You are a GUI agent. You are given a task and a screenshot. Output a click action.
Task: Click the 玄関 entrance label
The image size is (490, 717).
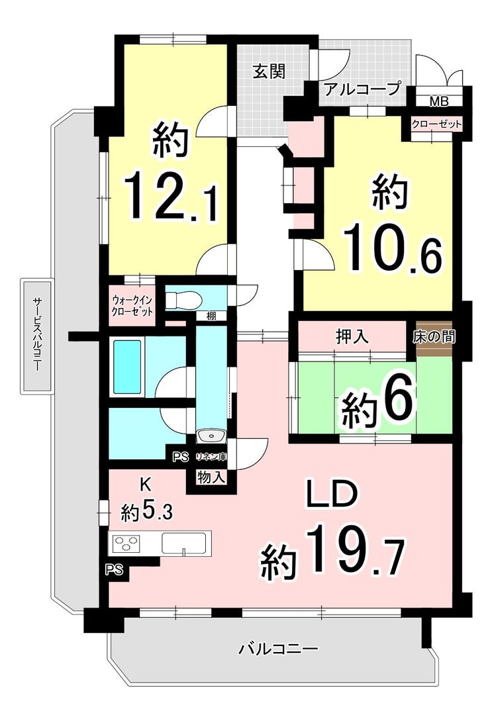pyautogui.click(x=269, y=72)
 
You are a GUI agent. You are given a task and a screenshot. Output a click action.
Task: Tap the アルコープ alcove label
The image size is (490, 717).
pyautogui.click(x=362, y=89)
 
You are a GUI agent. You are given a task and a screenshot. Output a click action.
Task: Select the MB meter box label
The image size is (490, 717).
pyautogui.click(x=439, y=102)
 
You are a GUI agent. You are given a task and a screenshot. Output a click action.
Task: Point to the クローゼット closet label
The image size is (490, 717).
pyautogui.click(x=436, y=124)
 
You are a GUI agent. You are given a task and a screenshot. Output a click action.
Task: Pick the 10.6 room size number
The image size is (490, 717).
pyautogui.click(x=393, y=248)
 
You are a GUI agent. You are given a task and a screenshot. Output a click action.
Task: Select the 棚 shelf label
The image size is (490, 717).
pyautogui.click(x=211, y=316)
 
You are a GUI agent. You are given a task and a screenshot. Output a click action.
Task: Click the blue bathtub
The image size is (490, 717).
pyautogui.click(x=126, y=367)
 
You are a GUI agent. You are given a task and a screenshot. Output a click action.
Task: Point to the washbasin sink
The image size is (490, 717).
pyautogui.click(x=211, y=436)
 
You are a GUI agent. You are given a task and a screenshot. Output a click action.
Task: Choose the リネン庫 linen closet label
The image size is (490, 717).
pyautogui.click(x=211, y=457)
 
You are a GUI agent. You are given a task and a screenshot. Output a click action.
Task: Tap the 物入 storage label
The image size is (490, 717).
pyautogui.click(x=211, y=478)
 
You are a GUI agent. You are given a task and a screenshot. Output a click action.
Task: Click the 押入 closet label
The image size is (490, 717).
pyautogui.click(x=352, y=337)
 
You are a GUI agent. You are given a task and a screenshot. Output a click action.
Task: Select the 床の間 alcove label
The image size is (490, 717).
pyautogui.click(x=434, y=336)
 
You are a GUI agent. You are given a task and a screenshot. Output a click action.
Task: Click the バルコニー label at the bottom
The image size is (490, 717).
pyautogui.click(x=279, y=649)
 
